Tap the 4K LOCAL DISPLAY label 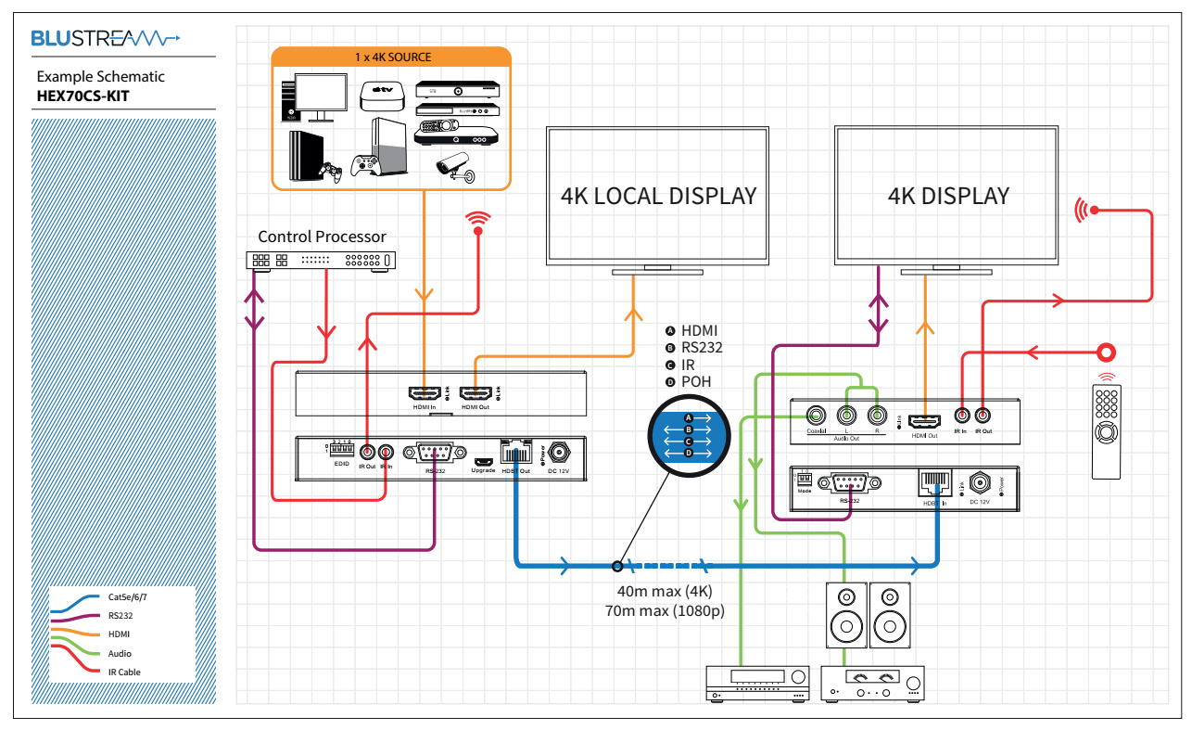[x=658, y=197]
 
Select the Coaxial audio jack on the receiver [x=817, y=416]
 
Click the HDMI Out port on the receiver [x=923, y=419]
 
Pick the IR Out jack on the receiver [x=983, y=417]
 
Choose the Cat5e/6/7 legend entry [x=127, y=596]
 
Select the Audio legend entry [x=120, y=653]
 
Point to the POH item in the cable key [x=695, y=381]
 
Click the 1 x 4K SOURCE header [x=392, y=57]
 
